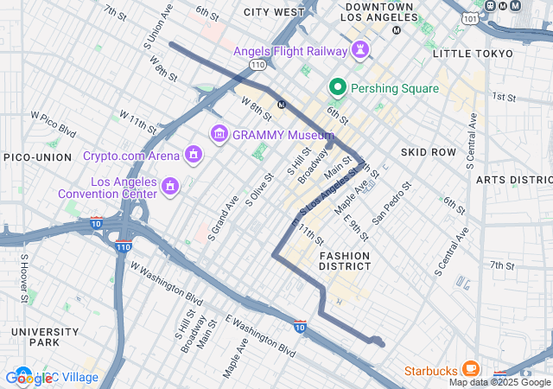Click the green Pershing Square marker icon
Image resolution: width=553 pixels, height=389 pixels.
click(x=336, y=86)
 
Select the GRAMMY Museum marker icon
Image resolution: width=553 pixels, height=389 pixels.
click(x=219, y=134)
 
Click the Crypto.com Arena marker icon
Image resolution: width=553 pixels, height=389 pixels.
click(x=194, y=156)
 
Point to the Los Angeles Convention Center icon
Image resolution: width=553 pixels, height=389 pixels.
click(x=170, y=187)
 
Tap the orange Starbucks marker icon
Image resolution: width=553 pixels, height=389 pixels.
click(x=471, y=370)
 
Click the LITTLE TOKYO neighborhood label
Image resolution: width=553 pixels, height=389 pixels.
click(x=472, y=54)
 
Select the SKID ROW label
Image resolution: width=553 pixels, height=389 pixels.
click(x=428, y=152)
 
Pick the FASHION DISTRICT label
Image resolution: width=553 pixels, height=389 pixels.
click(x=345, y=261)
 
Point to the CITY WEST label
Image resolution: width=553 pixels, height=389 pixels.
click(x=274, y=12)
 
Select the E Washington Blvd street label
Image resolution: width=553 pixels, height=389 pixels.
click(x=260, y=335)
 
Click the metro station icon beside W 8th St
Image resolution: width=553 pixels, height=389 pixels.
click(x=281, y=105)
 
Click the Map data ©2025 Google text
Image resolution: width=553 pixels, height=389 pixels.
click(x=499, y=382)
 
